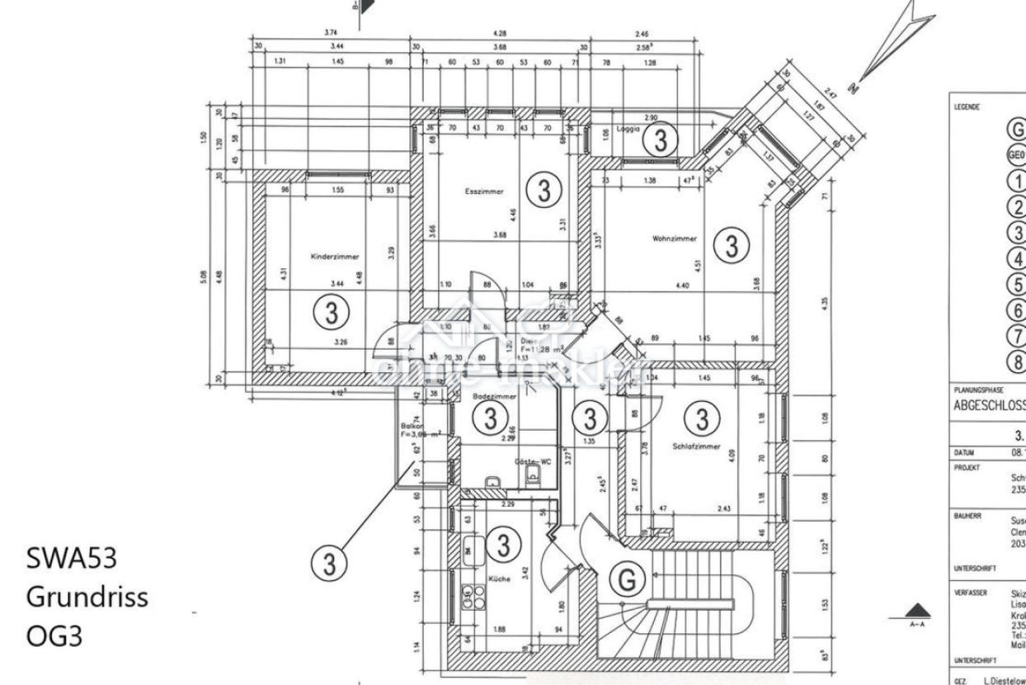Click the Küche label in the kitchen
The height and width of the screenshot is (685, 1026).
tap(499, 579)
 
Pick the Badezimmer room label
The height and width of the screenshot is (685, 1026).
tap(494, 397)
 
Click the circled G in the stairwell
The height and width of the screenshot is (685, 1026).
tap(627, 580)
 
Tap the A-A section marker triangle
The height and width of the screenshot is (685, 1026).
tap(917, 612)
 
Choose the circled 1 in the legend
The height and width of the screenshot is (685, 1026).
tap(1017, 182)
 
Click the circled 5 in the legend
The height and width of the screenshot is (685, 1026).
tap(1017, 285)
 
